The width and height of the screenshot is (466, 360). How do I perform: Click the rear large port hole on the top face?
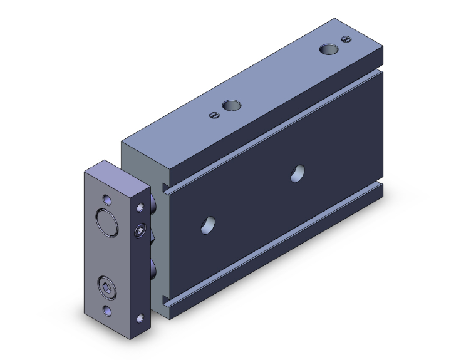tap(327, 49)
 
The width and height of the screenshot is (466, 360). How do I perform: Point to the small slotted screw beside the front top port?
tap(214, 114)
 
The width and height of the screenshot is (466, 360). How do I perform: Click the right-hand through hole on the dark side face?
tap(298, 173)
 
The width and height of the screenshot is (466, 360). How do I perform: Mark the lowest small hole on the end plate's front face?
tap(106, 311)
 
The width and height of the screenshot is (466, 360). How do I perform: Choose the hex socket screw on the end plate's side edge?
tap(139, 231)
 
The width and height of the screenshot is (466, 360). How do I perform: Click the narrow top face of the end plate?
tap(118, 175)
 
